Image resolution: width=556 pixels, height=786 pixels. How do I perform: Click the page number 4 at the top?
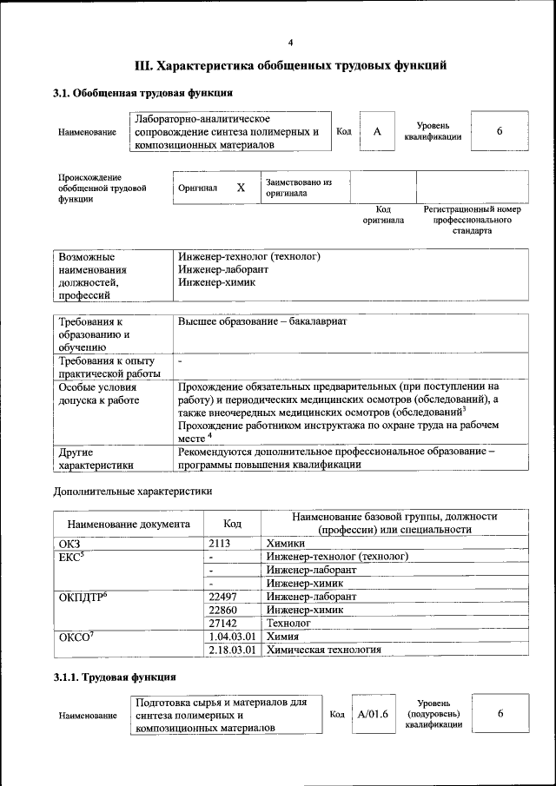291,43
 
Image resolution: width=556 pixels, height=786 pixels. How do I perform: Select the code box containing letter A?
377,131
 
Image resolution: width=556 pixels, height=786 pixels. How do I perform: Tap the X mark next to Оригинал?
241,188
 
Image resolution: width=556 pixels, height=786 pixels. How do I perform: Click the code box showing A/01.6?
373,713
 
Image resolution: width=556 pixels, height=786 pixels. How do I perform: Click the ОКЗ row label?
69,543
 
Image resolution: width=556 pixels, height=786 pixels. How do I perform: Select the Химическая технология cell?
324,649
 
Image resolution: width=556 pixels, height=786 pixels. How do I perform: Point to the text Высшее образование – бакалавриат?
261,321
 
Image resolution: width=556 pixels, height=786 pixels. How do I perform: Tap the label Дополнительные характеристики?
132,491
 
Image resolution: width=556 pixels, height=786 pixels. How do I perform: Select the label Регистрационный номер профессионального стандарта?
472,221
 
